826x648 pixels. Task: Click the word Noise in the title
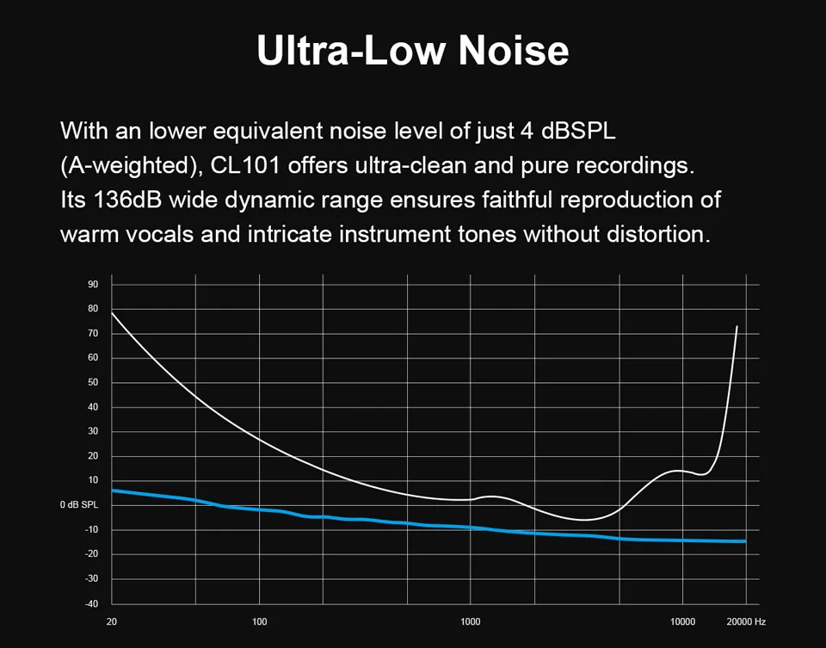click(x=513, y=51)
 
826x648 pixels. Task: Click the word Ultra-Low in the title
click(x=352, y=51)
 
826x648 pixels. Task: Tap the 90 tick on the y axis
click(x=93, y=284)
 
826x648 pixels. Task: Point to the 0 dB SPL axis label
click(x=79, y=505)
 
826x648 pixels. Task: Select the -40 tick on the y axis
click(x=92, y=602)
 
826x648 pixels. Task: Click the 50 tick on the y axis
click(x=93, y=382)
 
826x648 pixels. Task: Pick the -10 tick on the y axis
click(x=92, y=529)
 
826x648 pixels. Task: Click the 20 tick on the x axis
click(x=111, y=621)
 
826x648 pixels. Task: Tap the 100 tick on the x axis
click(x=260, y=621)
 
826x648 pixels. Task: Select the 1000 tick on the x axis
click(x=470, y=621)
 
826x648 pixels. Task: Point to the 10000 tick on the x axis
click(x=682, y=621)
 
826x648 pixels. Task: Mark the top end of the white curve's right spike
click(x=737, y=326)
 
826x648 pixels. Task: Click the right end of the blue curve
click(x=745, y=541)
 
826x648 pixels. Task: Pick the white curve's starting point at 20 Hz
click(x=112, y=312)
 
